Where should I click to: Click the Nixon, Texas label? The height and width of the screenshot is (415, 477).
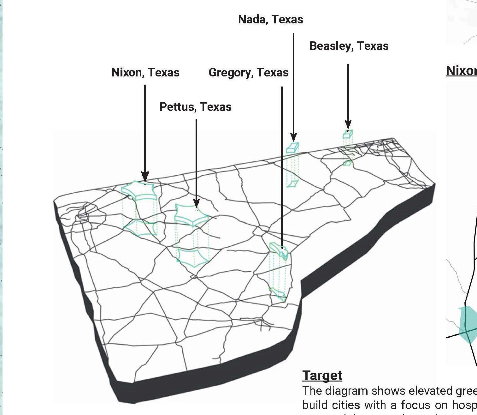145,73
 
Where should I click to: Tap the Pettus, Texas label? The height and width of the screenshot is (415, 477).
195,107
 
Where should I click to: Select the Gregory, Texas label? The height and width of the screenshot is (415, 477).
248,73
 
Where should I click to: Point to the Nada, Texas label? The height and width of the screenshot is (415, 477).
270,20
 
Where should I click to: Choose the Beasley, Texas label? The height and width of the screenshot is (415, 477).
349,46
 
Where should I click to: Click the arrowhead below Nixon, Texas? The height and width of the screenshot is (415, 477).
145,176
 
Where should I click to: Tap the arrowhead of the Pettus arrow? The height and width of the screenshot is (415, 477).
196,203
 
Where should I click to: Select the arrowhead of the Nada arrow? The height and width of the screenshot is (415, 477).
293,137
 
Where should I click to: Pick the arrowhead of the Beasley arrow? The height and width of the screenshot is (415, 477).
348,124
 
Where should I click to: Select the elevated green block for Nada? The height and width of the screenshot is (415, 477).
292,148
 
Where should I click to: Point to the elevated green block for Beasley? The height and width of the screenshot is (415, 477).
348,135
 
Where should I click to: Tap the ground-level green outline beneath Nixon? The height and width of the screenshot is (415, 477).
140,227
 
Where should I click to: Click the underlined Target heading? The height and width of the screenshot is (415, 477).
322,376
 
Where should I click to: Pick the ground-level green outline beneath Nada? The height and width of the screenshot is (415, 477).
292,183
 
